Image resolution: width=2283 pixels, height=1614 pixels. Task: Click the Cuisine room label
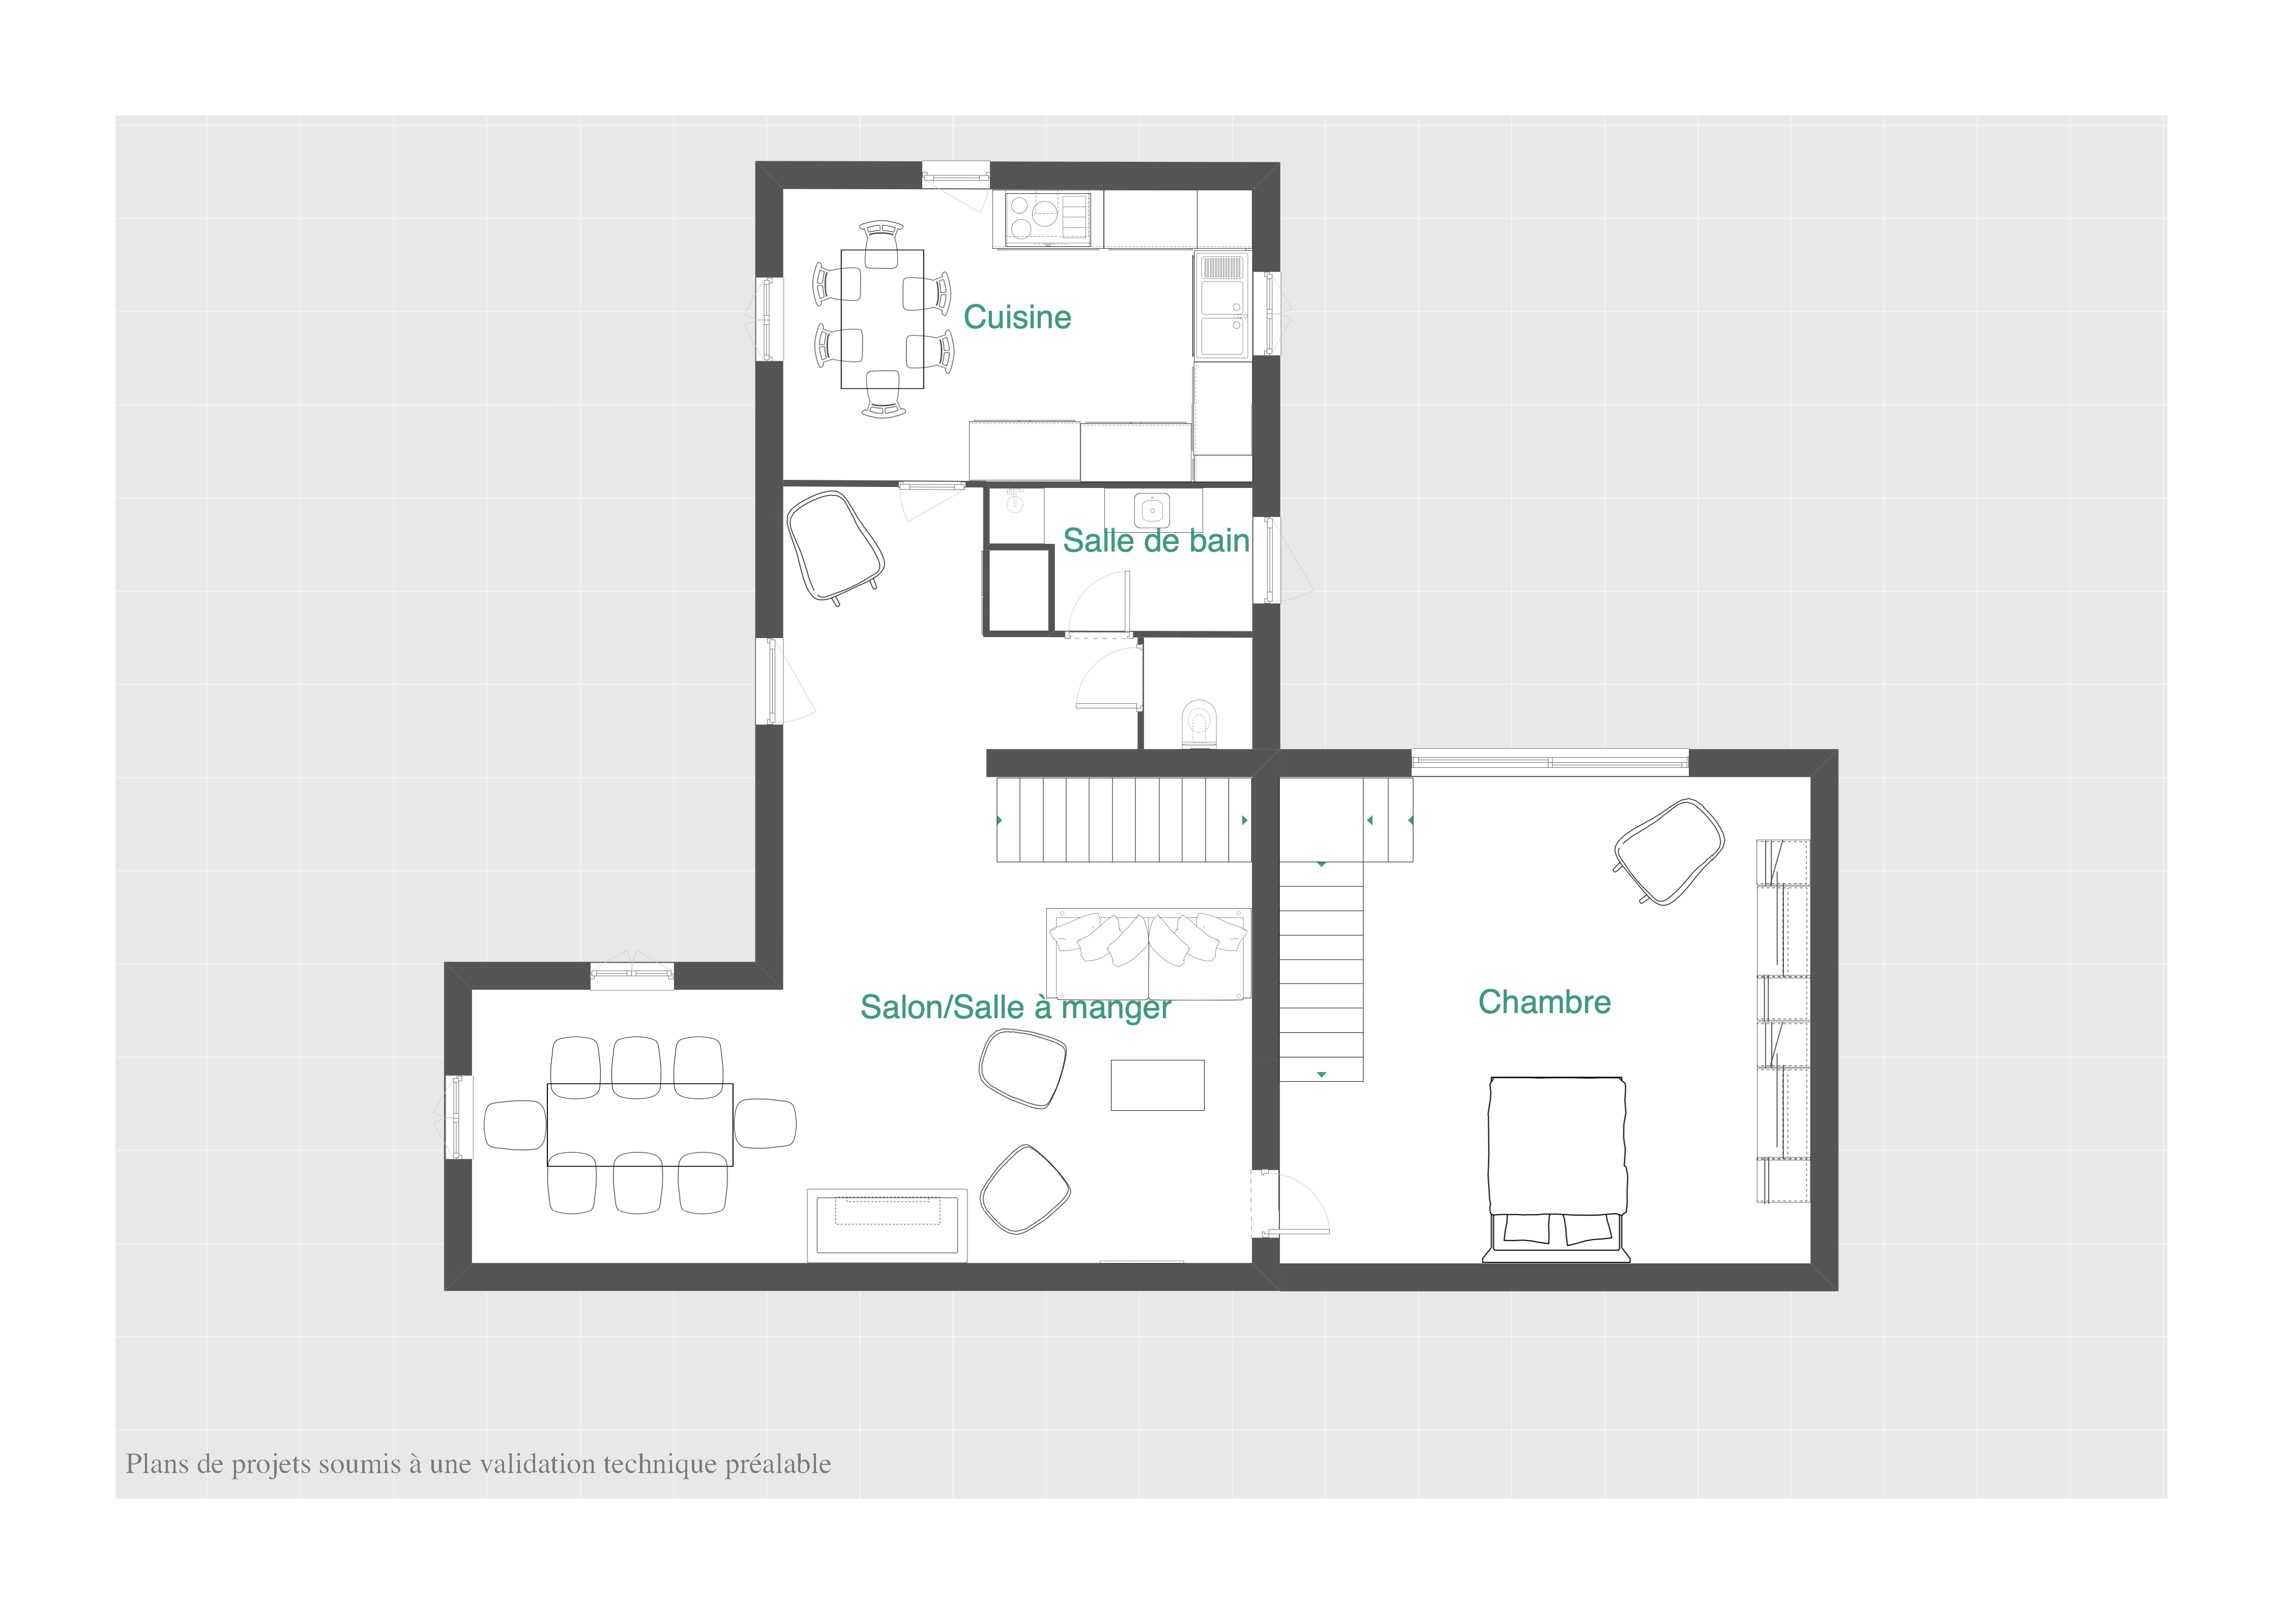point(1017,317)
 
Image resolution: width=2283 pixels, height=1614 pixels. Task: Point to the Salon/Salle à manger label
point(1015,1007)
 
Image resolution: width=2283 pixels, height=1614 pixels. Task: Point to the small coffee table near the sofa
point(1157,1085)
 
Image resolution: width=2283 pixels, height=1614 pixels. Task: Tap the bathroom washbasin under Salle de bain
point(1153,510)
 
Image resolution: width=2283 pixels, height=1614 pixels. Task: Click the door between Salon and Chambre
point(1290,1203)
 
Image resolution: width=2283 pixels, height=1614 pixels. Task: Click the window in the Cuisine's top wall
point(955,176)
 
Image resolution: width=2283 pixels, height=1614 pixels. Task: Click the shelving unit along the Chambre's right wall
point(1783,1021)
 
